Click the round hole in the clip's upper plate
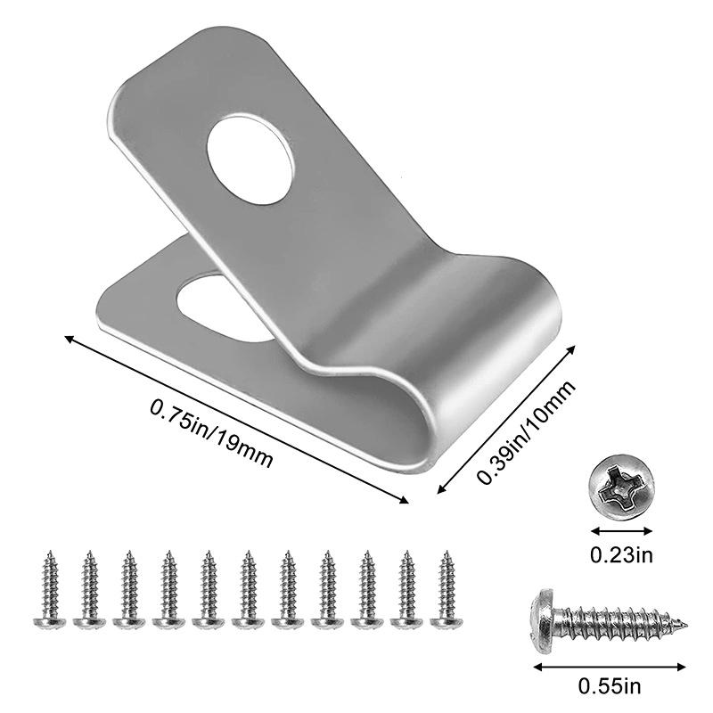[x=250, y=160]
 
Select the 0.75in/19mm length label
[x=211, y=432]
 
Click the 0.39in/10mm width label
[x=526, y=431]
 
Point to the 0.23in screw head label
[x=621, y=554]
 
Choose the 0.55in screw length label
[x=610, y=686]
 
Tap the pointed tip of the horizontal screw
[x=684, y=626]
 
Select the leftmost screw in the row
[x=50, y=590]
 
